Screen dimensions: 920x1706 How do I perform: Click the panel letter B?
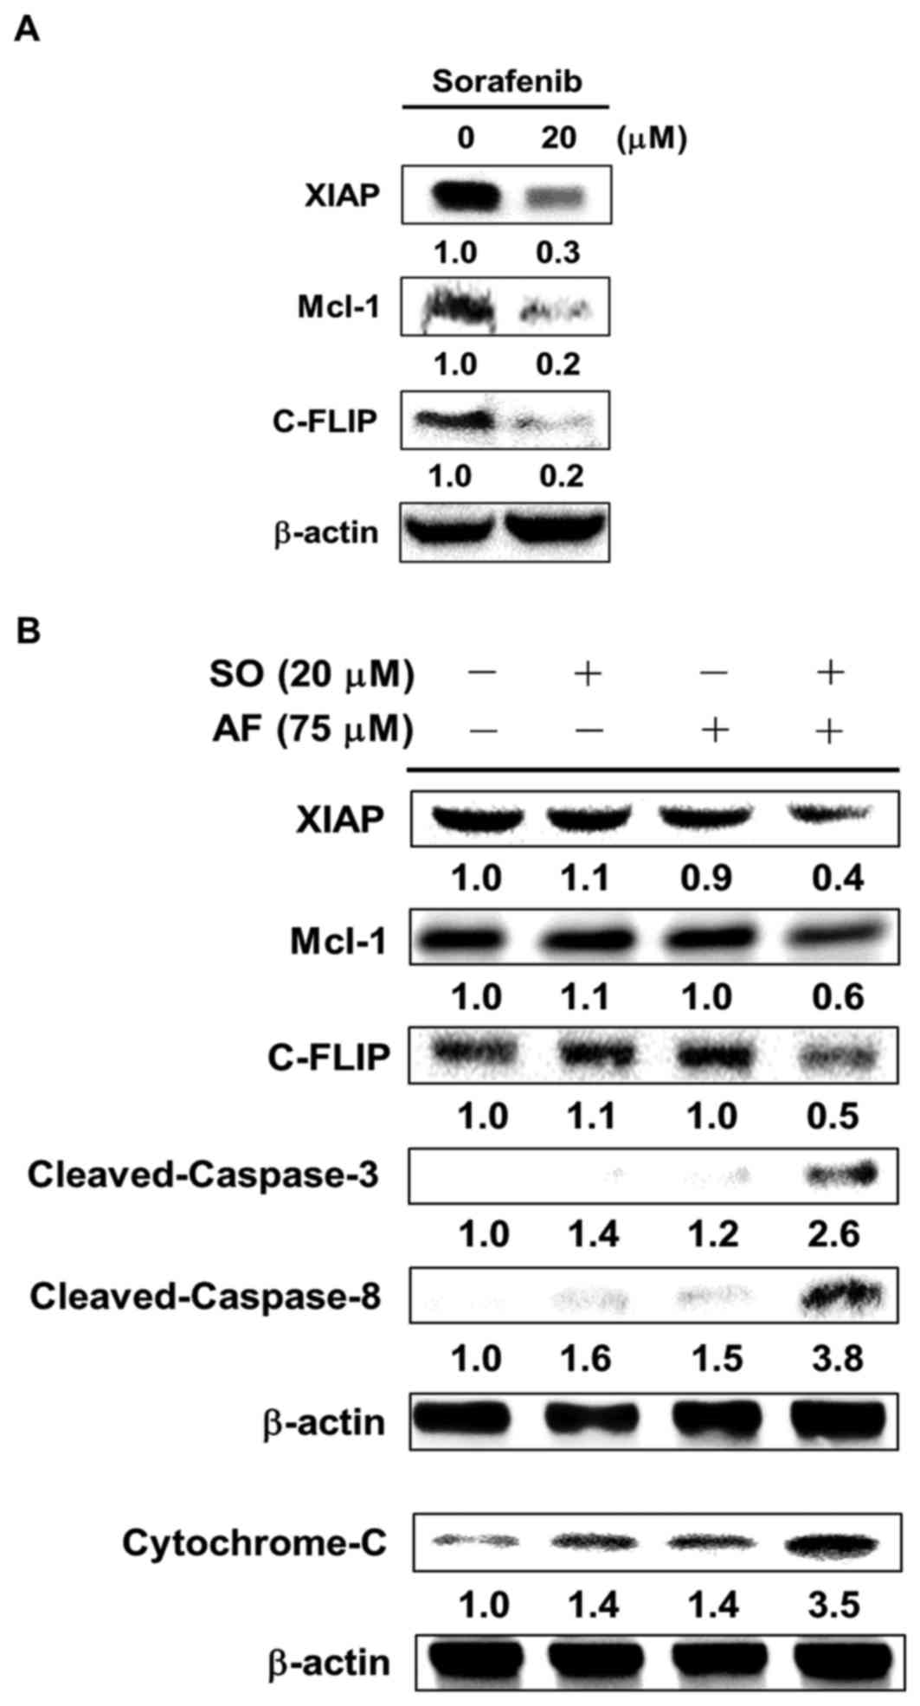pyautogui.click(x=28, y=631)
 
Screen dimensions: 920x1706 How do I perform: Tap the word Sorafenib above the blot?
pyautogui.click(x=506, y=81)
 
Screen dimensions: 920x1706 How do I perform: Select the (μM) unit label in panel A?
pyautogui.click(x=651, y=138)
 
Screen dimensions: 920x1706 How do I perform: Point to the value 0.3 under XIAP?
pyautogui.click(x=558, y=253)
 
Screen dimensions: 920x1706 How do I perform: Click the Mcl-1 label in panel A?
pyautogui.click(x=338, y=306)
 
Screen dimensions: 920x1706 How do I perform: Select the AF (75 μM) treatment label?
pyautogui.click(x=312, y=731)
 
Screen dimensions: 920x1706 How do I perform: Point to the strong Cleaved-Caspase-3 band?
pyautogui.click(x=844, y=1175)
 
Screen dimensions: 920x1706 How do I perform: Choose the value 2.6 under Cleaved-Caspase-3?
pyautogui.click(x=838, y=1233)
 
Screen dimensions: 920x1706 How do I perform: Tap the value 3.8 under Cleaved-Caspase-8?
pyautogui.click(x=838, y=1358)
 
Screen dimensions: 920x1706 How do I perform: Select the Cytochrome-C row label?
pyautogui.click(x=254, y=1543)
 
